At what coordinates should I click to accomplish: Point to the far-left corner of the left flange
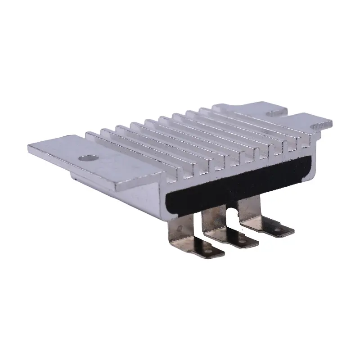point(28,145)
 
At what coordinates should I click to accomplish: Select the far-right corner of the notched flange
point(332,121)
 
